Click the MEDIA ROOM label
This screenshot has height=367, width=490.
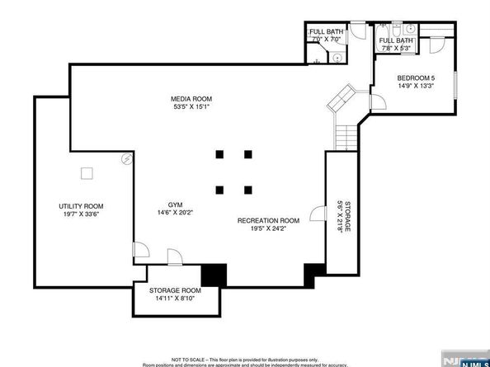click(x=191, y=99)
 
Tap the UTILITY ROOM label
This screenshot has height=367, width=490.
click(x=80, y=206)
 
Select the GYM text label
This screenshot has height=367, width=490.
click(x=175, y=205)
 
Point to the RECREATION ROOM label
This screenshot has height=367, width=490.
click(x=267, y=220)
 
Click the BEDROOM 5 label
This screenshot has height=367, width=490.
click(x=416, y=78)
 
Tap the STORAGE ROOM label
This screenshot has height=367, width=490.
click(x=175, y=291)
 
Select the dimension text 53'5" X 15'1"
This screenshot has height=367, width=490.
click(x=191, y=107)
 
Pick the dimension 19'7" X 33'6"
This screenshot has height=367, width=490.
click(x=80, y=214)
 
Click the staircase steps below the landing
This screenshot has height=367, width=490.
click(x=346, y=136)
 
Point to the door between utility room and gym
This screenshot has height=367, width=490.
click(x=141, y=248)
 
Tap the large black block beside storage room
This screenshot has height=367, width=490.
click(x=213, y=275)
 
